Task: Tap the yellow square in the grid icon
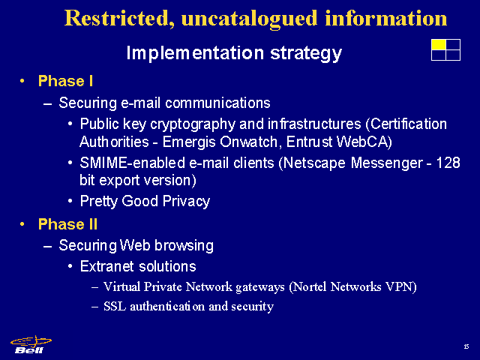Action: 438,44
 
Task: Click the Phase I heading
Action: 65,82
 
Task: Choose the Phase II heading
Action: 67,224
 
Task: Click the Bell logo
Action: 31,345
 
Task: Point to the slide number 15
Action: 466,346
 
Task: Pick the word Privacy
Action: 186,202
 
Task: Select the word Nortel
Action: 307,286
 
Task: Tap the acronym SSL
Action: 115,307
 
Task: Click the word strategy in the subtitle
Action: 306,53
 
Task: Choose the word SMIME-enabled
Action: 132,163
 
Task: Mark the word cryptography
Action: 193,124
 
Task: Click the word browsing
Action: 184,246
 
